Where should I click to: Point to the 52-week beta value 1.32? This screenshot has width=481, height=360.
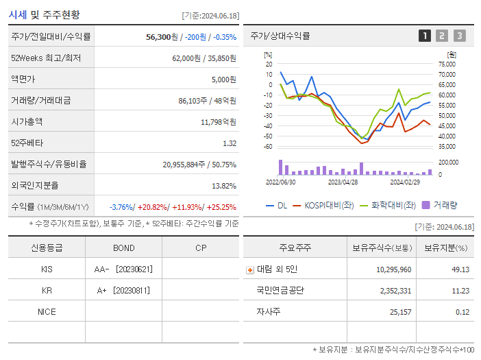coord(229,143)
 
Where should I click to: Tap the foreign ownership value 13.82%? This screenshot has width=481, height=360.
coord(223,186)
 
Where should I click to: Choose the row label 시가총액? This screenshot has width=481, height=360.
coord(27,122)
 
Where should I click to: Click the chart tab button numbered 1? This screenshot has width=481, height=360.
coord(425,36)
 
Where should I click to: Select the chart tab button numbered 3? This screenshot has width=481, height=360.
coord(459,36)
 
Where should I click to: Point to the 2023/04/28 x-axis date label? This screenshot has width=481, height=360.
coord(343,182)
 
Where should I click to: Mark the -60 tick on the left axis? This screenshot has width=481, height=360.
coord(268,146)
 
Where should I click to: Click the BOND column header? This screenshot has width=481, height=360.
coord(123,248)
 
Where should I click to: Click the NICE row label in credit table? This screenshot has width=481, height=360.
coord(47,312)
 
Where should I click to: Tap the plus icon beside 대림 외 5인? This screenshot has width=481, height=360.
coord(250,270)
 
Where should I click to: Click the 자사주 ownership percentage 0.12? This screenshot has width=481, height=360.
coord(462,312)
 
